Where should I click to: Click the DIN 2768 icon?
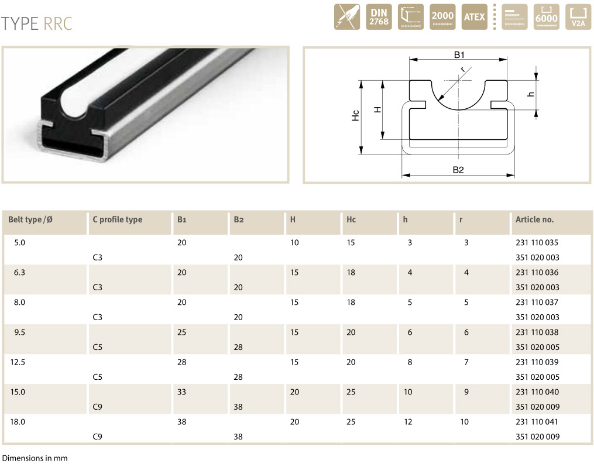coord(379,17)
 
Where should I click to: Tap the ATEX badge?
coord(474,17)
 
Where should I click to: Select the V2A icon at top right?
coord(578,17)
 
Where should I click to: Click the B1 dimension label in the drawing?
coord(459,55)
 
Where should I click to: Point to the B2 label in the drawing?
coord(458,170)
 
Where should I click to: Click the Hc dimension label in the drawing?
coord(355,115)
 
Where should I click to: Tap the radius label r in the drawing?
coord(463,69)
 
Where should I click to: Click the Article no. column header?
coord(534,219)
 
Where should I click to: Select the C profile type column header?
coord(118,219)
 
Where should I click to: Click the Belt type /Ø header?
coord(30,219)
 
